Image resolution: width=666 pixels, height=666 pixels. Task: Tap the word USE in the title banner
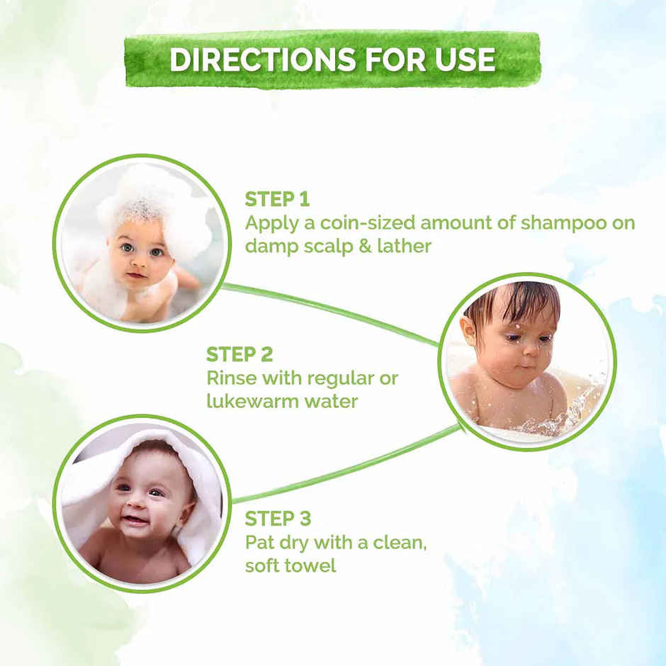[x=463, y=60]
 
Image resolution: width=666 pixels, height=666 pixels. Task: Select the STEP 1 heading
[x=277, y=199]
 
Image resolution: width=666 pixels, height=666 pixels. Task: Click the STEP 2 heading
[x=239, y=354]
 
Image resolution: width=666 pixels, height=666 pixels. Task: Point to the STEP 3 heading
[x=278, y=518]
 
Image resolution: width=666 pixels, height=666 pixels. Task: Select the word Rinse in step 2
[x=232, y=378]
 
